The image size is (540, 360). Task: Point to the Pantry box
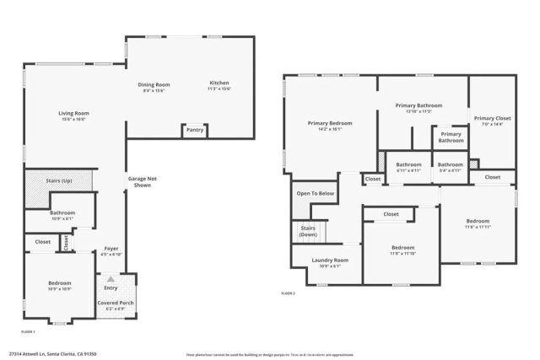(x=195, y=130)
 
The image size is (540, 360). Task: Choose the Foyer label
(x=111, y=250)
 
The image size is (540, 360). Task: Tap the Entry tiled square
(x=111, y=287)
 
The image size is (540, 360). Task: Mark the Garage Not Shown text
(x=139, y=181)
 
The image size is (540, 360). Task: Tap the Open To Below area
(x=315, y=194)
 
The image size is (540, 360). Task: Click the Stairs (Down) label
(x=308, y=232)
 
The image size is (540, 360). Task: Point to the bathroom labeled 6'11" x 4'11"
(x=409, y=167)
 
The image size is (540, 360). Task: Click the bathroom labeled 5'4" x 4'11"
(x=450, y=167)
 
